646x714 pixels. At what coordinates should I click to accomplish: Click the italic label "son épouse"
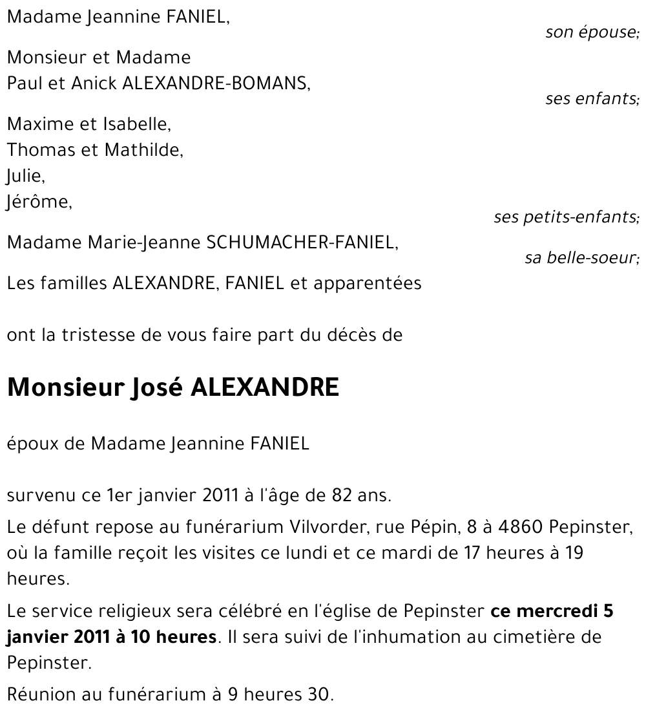pos(591,32)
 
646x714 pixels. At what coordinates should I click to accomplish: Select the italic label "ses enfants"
pos(591,99)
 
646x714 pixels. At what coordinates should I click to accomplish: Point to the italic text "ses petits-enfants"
pos(565,217)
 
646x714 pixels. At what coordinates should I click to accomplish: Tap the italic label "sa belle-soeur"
pos(581,258)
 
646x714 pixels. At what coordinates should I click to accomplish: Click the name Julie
pos(24,177)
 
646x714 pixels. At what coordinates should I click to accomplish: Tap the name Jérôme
pos(38,202)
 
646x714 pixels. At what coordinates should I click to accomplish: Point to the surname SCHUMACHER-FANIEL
pos(300,243)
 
